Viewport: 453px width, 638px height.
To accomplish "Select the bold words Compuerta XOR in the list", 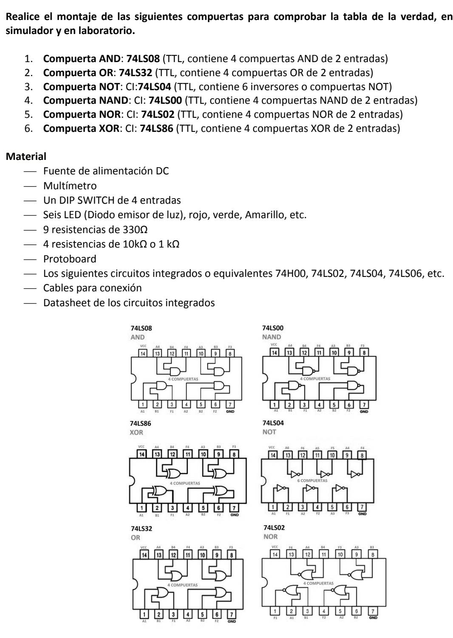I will point(81,128).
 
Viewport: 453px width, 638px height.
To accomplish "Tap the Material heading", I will point(26,156).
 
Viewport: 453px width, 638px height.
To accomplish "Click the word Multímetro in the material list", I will point(70,186).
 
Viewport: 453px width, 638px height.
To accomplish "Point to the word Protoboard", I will point(70,259).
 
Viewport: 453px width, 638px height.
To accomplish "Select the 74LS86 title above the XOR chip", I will point(141,424).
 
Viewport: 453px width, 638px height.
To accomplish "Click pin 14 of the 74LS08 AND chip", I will point(142,353).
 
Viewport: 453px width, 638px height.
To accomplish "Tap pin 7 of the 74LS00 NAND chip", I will point(364,404).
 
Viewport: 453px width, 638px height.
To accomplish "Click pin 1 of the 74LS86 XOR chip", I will point(142,507).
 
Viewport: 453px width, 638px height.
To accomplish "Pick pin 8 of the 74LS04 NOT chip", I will point(362,455).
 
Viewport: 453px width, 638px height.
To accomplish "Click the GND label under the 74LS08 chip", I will point(230,411).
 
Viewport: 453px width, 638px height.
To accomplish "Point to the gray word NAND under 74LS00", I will point(272,337).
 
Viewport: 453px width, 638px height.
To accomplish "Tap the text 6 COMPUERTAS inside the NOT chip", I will point(312,480).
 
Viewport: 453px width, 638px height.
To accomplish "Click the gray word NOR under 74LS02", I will point(270,537).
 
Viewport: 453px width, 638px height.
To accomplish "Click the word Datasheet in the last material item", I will point(64,303).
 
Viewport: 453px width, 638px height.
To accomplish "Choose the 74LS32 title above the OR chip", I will point(142,528).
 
